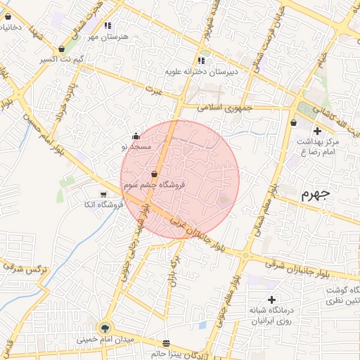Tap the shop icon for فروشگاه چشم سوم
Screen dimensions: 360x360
(x=154, y=174)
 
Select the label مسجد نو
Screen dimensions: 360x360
(x=136, y=147)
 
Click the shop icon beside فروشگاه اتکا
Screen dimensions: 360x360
(x=104, y=195)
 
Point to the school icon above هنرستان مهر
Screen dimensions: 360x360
(x=108, y=26)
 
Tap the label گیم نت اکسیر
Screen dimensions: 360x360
(x=59, y=60)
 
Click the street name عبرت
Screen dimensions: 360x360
(x=153, y=90)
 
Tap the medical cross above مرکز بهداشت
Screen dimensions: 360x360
(x=318, y=131)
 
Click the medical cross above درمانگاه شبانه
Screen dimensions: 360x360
(x=271, y=300)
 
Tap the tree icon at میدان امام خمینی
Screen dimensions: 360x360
(x=105, y=327)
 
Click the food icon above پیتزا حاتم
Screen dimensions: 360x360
(x=166, y=344)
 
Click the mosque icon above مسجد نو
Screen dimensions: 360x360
(x=136, y=136)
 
